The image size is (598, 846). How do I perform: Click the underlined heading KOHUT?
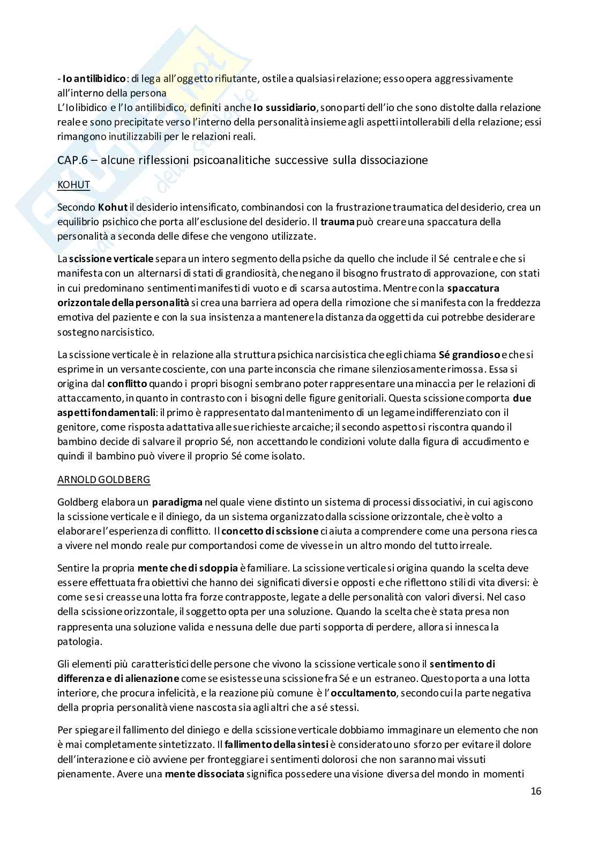click(x=73, y=185)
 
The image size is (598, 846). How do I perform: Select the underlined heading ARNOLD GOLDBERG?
click(x=103, y=480)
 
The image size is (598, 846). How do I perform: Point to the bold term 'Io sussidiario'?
click(x=285, y=108)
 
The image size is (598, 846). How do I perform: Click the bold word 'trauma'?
click(x=334, y=221)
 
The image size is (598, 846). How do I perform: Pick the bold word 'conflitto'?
click(x=127, y=383)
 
